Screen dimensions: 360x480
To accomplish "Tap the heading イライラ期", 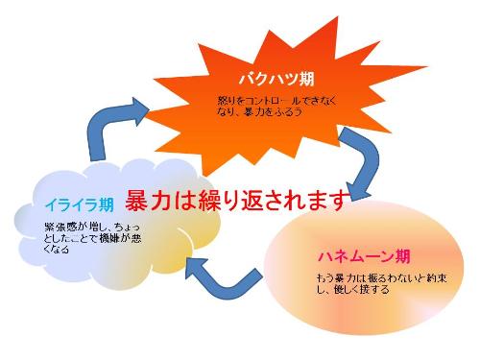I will coord(79,204).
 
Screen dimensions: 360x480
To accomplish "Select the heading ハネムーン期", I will coord(364,257).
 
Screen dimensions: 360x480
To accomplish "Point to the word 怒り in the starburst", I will coord(226,100).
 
